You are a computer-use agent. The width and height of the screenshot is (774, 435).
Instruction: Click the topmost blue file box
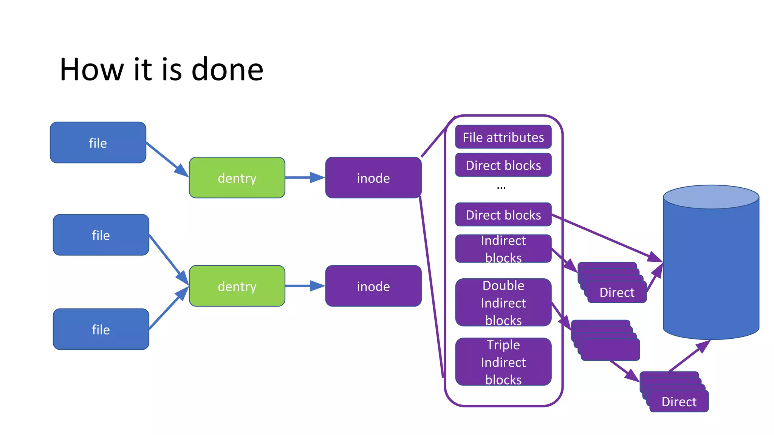point(98,143)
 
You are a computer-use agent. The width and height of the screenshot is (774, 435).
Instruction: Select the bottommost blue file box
point(101,329)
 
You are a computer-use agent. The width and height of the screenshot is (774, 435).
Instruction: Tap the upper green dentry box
point(237,178)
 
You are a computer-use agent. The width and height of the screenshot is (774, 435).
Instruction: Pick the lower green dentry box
point(237,286)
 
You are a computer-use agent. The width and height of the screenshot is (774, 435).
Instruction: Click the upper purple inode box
point(373,178)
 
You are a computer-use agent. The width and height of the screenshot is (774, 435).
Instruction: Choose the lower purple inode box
point(373,286)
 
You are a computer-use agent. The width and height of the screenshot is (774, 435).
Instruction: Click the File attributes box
point(503,137)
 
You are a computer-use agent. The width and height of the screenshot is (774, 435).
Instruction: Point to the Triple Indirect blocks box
point(503,362)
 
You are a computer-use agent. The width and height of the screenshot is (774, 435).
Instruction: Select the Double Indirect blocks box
point(503,302)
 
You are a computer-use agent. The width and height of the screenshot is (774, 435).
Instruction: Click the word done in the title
point(227,70)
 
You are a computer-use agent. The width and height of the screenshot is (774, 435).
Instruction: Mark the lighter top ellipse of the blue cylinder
point(711,197)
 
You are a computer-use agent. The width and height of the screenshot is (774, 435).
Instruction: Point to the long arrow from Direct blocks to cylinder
point(605,237)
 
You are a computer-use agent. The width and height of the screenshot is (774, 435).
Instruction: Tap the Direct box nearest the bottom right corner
point(679,402)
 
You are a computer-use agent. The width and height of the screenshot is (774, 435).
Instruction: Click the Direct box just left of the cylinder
point(617,293)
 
